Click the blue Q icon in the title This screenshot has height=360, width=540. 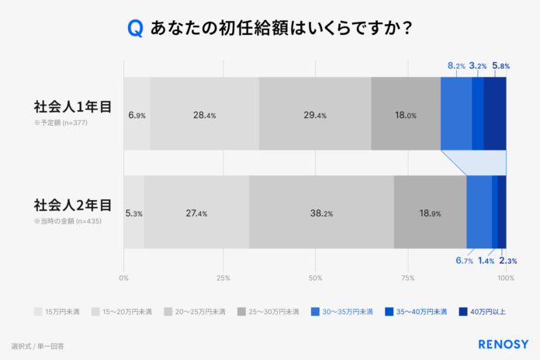(x=135, y=29)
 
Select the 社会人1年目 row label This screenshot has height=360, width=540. (x=72, y=106)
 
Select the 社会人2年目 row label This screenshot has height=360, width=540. (x=72, y=205)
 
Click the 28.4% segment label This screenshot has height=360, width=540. (x=205, y=115)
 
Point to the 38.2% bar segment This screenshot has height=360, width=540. (x=321, y=213)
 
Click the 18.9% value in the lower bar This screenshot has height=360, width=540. (x=430, y=213)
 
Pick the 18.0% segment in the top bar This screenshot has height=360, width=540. (x=406, y=115)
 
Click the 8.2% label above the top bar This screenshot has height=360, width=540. (x=456, y=66)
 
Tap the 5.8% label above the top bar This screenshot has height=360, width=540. (x=500, y=66)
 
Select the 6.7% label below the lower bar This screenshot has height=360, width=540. (x=464, y=261)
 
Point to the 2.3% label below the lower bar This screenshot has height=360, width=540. (x=507, y=261)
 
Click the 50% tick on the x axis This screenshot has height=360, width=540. (x=315, y=278)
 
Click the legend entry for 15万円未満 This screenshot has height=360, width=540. (x=58, y=311)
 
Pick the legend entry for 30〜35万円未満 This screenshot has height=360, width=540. (x=341, y=311)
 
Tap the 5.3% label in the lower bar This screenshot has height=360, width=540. (x=133, y=213)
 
